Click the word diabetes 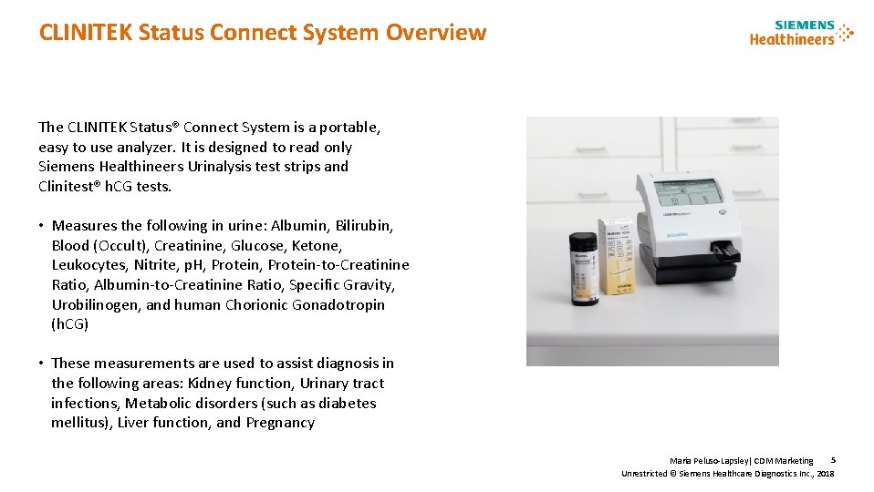(346, 403)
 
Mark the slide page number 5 (833, 460)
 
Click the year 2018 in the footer (825, 474)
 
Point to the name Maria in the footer (681, 461)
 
